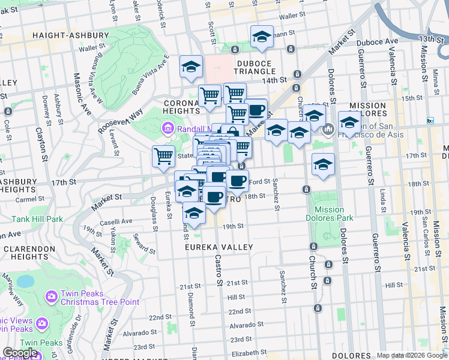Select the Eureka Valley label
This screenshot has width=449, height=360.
pyautogui.click(x=219, y=247)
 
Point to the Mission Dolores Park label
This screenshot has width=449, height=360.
pyautogui.click(x=330, y=214)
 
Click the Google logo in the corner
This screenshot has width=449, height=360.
pyautogui.click(x=20, y=353)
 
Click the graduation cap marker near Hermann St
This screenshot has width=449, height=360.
pyautogui.click(x=261, y=37)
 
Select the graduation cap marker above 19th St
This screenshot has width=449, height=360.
pyautogui.click(x=194, y=213)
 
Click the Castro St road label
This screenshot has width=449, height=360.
pyautogui.click(x=218, y=269)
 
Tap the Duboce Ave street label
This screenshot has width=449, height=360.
pyautogui.click(x=377, y=41)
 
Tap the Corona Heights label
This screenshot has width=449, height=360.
pyautogui.click(x=181, y=107)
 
